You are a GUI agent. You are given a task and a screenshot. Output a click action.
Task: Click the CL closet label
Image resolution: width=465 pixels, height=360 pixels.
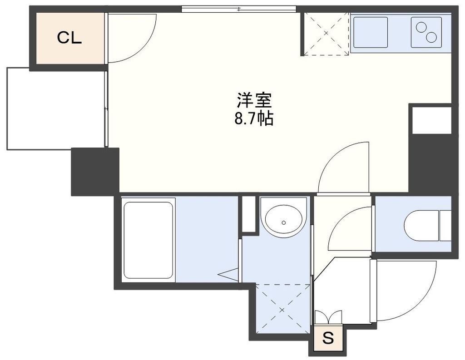[x=69, y=38]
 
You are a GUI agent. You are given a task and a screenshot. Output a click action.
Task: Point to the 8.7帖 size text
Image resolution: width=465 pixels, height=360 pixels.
[x=254, y=119]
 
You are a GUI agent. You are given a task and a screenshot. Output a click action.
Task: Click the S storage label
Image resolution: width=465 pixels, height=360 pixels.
[x=328, y=338]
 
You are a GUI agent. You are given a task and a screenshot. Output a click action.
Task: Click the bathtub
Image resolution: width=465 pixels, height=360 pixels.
[x=148, y=240]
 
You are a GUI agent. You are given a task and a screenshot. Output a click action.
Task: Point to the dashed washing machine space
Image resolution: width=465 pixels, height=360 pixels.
[x=283, y=309]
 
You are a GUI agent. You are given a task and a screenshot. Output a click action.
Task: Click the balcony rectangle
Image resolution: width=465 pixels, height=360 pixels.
[x=55, y=108]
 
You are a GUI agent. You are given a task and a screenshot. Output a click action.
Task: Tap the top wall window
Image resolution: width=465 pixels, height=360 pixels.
[x=238, y=9]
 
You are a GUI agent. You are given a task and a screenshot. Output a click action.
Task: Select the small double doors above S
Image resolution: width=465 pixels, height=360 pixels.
[x=328, y=317]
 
